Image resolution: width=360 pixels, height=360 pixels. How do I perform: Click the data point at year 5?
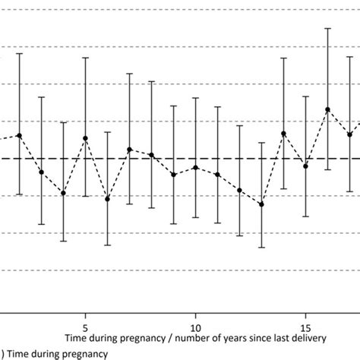tap(85, 138)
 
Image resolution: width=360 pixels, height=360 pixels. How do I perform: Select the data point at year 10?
tap(196, 167)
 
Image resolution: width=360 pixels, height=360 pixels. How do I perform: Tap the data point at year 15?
tap(305, 166)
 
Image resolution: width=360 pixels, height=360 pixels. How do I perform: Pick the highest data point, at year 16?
tap(327, 109)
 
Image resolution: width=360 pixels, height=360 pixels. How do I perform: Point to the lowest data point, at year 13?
tap(261, 204)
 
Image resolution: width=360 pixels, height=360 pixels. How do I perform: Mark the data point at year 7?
tap(129, 150)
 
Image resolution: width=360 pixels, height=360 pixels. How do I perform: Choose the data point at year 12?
tap(240, 190)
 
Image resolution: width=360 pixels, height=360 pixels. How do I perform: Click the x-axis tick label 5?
tap(85, 317)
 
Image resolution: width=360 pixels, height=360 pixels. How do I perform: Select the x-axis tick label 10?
tap(195, 317)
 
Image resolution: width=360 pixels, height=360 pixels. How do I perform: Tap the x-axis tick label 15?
tap(305, 317)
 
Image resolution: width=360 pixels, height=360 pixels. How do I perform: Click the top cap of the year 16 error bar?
tap(327, 29)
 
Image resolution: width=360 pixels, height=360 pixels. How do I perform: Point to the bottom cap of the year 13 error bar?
tap(261, 248)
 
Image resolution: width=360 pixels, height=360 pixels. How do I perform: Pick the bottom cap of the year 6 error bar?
tap(107, 245)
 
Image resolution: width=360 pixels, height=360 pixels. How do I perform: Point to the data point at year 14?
tap(284, 134)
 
